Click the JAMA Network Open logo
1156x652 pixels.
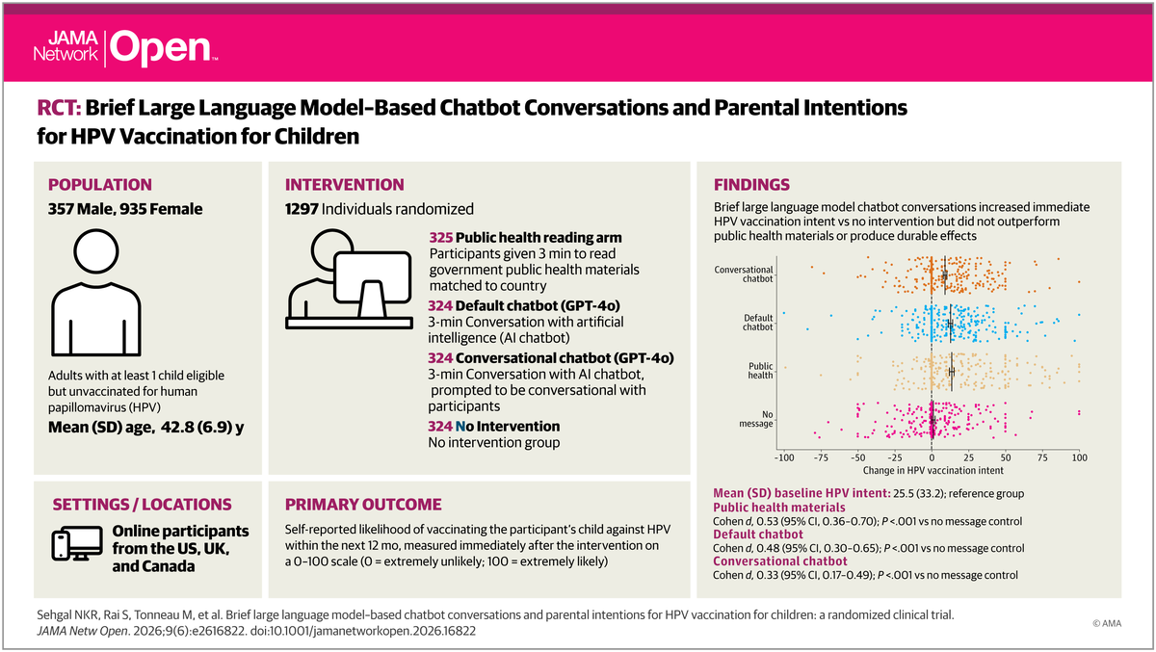(125, 48)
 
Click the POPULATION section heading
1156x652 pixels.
(100, 185)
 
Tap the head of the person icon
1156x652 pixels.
(96, 251)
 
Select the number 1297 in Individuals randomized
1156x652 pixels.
(302, 209)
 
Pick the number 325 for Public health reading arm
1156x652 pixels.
(441, 238)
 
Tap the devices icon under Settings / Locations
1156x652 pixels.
(77, 543)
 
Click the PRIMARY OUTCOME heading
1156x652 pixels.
(363, 505)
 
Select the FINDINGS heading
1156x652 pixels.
(751, 185)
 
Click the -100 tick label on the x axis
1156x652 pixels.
(784, 457)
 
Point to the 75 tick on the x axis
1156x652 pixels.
(1042, 457)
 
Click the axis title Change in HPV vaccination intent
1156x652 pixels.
(933, 470)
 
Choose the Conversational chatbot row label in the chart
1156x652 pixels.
(744, 274)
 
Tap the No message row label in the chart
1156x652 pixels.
(756, 419)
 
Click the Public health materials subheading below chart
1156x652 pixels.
(779, 508)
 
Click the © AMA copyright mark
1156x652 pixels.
(1107, 623)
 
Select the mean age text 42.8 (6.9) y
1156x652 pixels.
(202, 428)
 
